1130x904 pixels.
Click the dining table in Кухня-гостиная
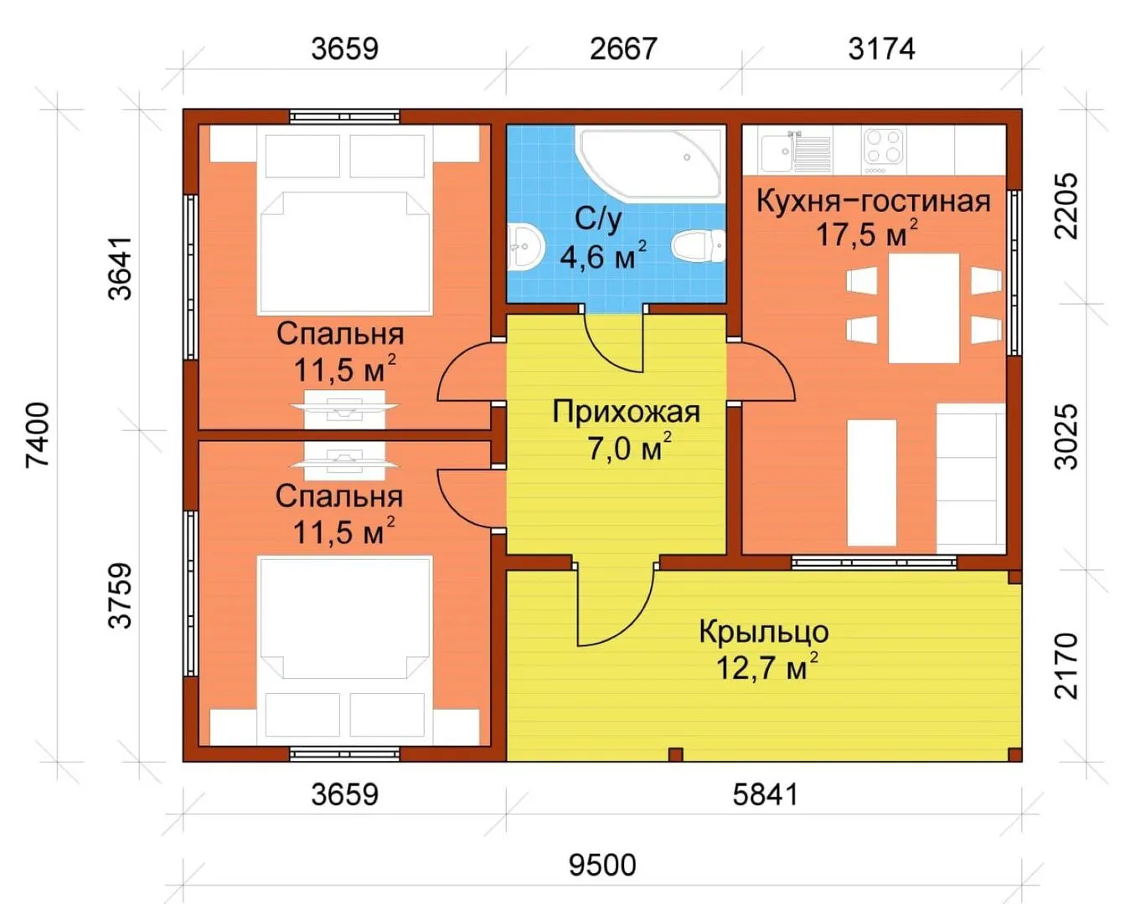(x=924, y=308)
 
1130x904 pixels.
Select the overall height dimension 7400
(x=38, y=434)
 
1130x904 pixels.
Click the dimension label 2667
(x=623, y=49)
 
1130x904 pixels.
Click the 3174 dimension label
(x=881, y=49)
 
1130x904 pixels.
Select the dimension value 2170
(x=1066, y=665)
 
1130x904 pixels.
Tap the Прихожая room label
(x=626, y=412)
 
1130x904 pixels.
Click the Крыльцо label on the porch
(x=764, y=633)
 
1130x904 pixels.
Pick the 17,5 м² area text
(x=867, y=233)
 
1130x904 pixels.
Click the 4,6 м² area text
(x=603, y=255)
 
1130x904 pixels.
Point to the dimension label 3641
(x=120, y=268)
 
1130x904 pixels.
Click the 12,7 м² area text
(x=767, y=667)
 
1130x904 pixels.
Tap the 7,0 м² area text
(x=630, y=448)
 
